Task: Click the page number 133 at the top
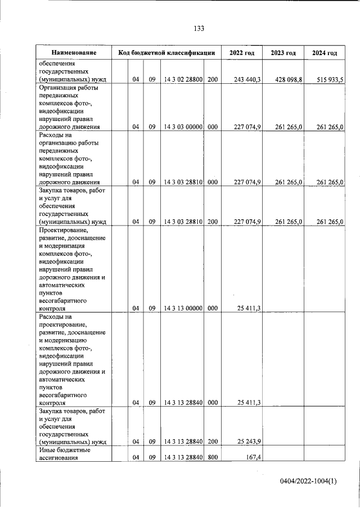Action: [x=199, y=29]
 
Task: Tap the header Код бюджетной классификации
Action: [x=166, y=53]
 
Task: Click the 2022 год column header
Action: [x=242, y=53]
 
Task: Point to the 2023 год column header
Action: [x=283, y=53]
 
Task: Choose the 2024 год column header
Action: [x=325, y=53]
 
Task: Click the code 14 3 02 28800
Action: [x=183, y=80]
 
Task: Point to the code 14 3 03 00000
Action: [x=183, y=127]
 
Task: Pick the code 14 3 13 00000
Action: [x=183, y=308]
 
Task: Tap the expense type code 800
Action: [x=212, y=457]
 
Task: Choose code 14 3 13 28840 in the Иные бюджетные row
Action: [x=183, y=457]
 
